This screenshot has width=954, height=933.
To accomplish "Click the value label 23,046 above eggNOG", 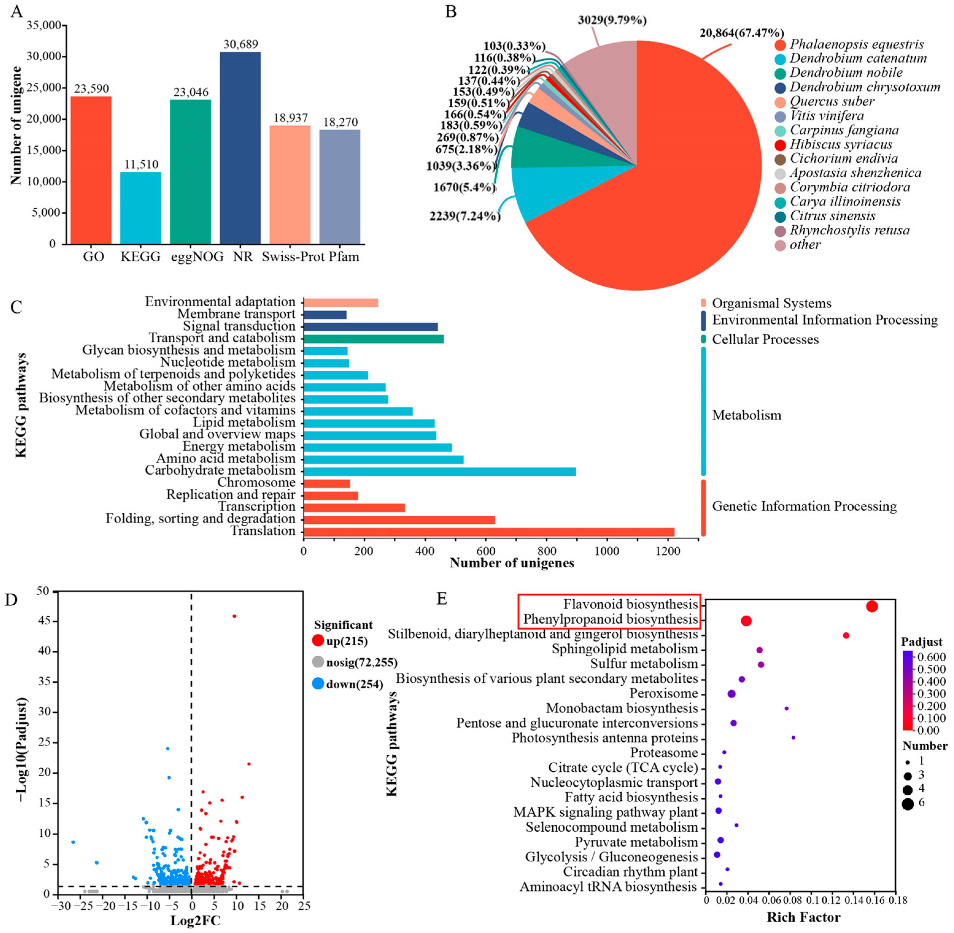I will (191, 92).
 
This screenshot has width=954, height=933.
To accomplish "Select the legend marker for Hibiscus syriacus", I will (781, 145).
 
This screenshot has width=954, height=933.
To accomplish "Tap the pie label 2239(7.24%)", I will (465, 216).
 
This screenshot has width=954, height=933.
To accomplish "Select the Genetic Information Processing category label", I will (804, 506).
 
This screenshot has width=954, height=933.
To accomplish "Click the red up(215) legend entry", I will (346, 641).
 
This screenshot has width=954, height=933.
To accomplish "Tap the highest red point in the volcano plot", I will (234, 616).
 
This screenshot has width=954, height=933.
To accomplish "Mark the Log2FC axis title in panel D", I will (195, 920).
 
